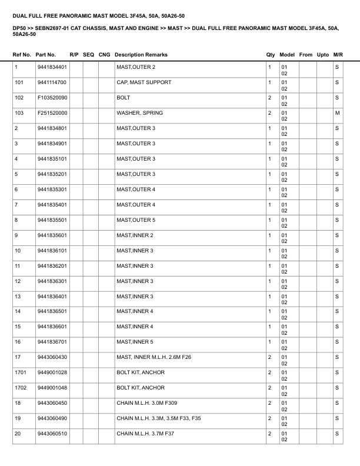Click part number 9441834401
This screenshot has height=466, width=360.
click(x=52, y=67)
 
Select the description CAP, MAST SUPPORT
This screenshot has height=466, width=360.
click(x=144, y=82)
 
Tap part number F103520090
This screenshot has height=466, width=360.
click(x=52, y=98)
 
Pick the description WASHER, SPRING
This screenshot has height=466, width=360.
click(x=140, y=113)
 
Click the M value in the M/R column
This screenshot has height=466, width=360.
click(x=337, y=113)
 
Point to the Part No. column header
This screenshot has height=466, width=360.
click(x=46, y=55)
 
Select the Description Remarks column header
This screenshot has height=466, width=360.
click(x=141, y=55)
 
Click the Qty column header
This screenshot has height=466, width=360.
click(x=271, y=55)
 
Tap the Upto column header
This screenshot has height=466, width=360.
click(x=323, y=55)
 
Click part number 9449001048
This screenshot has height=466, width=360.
click(x=52, y=388)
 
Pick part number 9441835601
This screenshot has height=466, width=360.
click(x=52, y=235)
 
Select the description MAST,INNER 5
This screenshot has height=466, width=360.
click(x=135, y=342)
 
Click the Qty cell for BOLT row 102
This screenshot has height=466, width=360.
click(x=269, y=98)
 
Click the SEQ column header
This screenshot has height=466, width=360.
click(x=89, y=55)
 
